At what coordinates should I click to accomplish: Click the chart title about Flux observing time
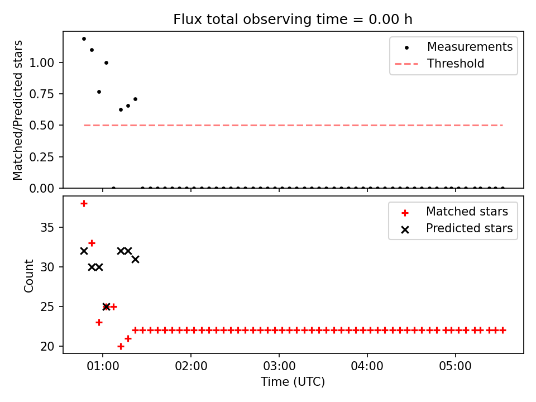click(x=293, y=19)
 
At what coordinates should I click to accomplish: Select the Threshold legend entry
click(x=439, y=64)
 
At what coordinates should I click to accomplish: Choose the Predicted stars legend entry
click(x=457, y=228)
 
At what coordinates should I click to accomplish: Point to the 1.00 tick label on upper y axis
click(x=42, y=63)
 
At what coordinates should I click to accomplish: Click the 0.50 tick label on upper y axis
click(x=42, y=126)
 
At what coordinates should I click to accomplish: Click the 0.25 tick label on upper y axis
click(x=42, y=157)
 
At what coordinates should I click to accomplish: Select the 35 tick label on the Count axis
click(x=47, y=227)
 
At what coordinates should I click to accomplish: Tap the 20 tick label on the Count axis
click(x=47, y=346)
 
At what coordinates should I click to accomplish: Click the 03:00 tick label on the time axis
click(x=279, y=366)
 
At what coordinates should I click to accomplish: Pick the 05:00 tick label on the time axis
click(x=456, y=366)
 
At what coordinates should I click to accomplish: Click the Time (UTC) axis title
click(x=293, y=381)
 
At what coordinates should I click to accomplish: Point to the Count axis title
click(x=28, y=276)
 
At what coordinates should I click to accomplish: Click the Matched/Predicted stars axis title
click(x=17, y=110)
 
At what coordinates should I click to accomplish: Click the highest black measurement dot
click(x=84, y=39)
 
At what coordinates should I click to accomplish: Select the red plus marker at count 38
click(x=84, y=204)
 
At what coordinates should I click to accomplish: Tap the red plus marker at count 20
click(x=121, y=346)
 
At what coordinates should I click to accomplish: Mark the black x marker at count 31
click(x=135, y=260)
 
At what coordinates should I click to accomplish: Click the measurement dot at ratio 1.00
click(x=106, y=63)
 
